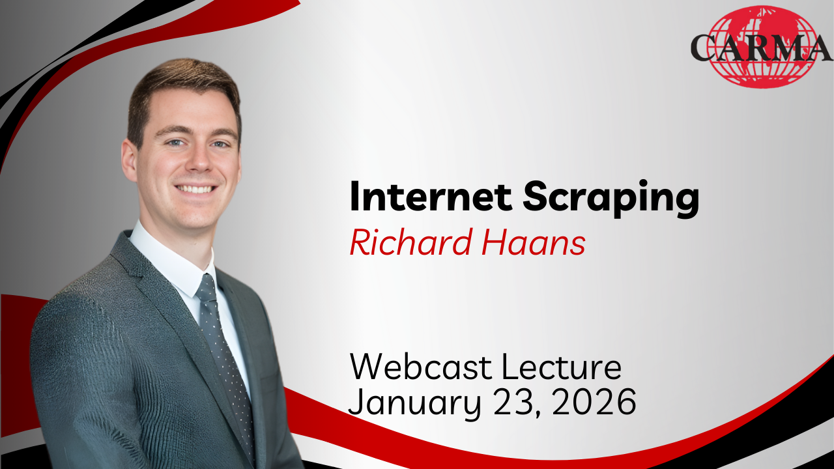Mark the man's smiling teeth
(x=196, y=189)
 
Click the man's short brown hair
(x=182, y=85)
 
